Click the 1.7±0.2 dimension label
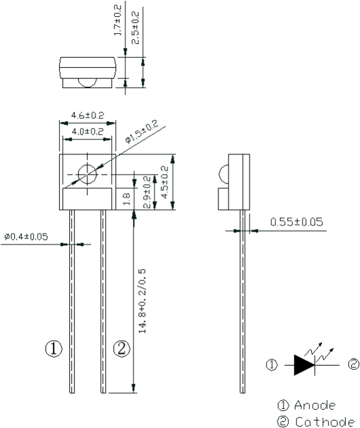(x=117, y=20)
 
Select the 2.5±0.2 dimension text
(x=136, y=28)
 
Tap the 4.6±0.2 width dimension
(x=87, y=115)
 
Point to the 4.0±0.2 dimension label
(x=87, y=131)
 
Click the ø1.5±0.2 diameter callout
(x=142, y=131)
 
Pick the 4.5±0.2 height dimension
(x=165, y=182)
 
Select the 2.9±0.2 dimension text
(x=147, y=192)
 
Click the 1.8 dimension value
(x=126, y=198)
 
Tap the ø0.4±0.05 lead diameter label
(x=26, y=236)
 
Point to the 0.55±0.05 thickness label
(x=296, y=221)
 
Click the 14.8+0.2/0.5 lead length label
(x=142, y=301)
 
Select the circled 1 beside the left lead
(x=54, y=349)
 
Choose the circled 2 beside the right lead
(x=121, y=349)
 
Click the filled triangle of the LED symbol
(x=304, y=365)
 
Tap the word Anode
(x=315, y=406)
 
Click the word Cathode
(x=325, y=422)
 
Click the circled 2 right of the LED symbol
(x=353, y=364)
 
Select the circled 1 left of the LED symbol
(x=272, y=365)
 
